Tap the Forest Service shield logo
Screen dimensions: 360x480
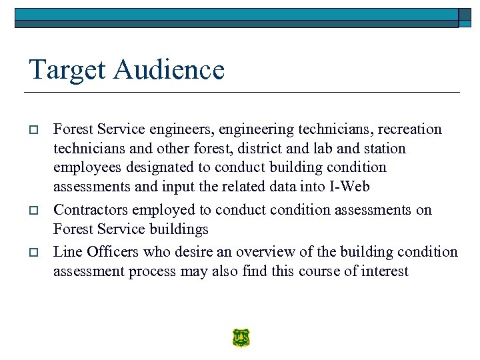(241, 338)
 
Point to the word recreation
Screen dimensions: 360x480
(409, 129)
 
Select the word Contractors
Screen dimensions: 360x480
(91, 210)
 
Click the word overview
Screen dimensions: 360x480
(253, 251)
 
